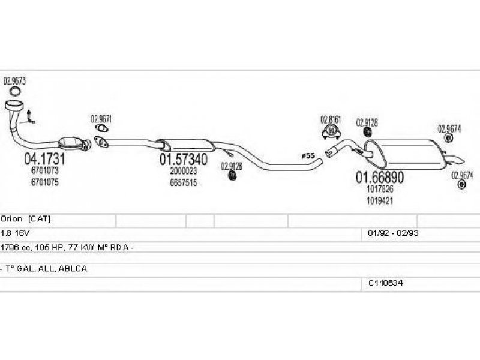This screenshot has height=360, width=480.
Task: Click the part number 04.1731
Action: coord(44,160)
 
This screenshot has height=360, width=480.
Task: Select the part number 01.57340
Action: coord(183,160)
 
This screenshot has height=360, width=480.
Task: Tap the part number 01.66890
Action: coord(380,178)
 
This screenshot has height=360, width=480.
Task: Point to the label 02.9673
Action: coord(14,80)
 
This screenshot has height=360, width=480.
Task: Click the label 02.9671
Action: coord(101,119)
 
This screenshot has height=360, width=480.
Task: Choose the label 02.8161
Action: coord(330,119)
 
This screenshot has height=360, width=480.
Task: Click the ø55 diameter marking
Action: coord(308,156)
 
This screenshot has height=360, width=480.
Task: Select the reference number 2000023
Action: coord(183,172)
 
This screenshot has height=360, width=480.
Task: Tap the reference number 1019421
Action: coord(379,200)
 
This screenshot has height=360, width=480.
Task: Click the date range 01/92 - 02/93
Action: coord(389,232)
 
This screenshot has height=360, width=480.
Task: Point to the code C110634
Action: coord(386,282)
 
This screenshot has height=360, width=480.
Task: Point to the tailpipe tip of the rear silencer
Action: coord(457,159)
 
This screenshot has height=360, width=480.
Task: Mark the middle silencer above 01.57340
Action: coord(186,145)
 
